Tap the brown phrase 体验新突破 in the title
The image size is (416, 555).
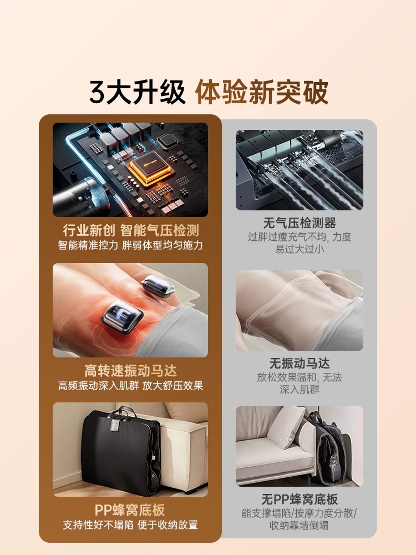(262, 92)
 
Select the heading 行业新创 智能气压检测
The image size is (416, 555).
(131, 230)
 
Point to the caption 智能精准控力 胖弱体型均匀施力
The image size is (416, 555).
(130, 245)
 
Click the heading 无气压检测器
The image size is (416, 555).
(300, 223)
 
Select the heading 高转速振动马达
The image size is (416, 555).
(130, 371)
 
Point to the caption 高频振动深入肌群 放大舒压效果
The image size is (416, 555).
(130, 386)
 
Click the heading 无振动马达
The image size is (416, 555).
(300, 363)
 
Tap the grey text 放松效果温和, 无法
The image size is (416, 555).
(300, 377)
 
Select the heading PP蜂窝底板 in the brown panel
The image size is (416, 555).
(130, 510)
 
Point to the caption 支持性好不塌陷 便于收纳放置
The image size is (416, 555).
(130, 525)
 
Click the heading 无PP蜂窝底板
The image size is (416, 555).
(300, 499)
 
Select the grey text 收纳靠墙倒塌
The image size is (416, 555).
(300, 525)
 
